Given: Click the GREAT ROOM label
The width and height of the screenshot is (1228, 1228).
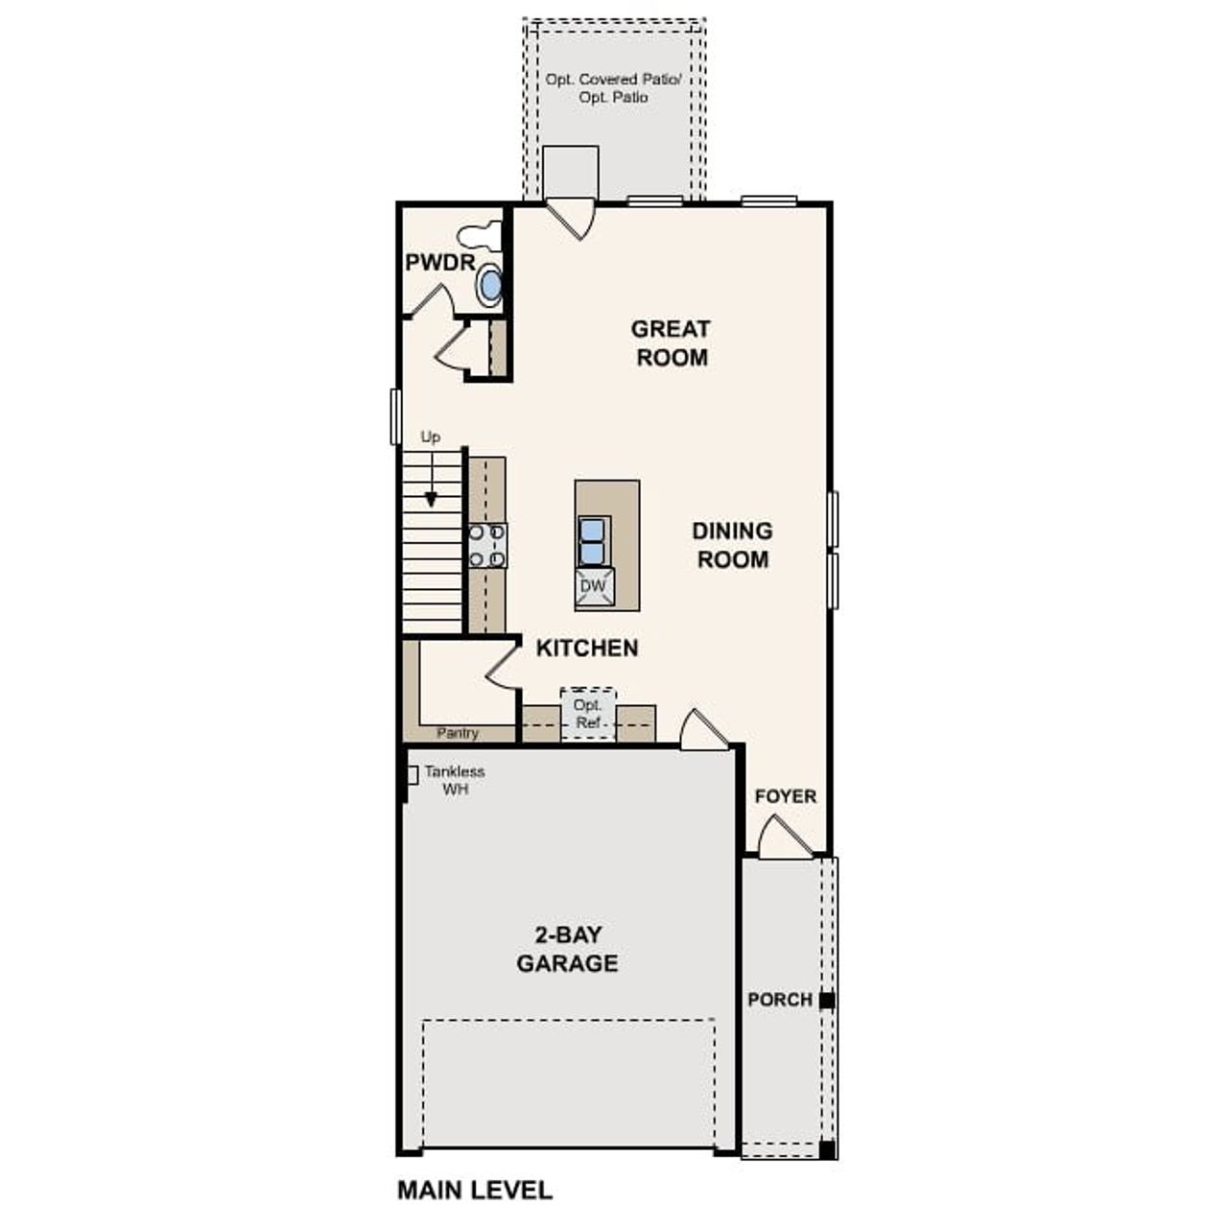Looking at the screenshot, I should click(x=671, y=343).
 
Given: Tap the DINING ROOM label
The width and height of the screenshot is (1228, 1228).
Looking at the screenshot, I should click(x=732, y=545).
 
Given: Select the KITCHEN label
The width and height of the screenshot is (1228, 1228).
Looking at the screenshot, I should click(x=586, y=649).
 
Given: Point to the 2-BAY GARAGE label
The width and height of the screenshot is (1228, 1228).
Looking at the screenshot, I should click(x=567, y=950).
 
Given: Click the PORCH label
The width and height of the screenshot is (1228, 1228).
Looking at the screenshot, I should click(x=779, y=1000).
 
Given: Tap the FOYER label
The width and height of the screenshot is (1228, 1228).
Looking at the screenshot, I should click(x=785, y=796).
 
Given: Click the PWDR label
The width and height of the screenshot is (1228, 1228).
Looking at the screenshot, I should click(x=439, y=263).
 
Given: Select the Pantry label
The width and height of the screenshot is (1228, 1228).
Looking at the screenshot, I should click(x=458, y=733).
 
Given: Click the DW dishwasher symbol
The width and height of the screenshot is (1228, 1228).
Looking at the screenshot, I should click(x=593, y=586).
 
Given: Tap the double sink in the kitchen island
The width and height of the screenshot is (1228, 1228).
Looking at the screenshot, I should click(x=593, y=541).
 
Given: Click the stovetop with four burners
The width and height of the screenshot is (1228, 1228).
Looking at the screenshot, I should click(x=486, y=545).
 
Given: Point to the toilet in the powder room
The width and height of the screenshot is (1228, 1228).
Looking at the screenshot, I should click(x=479, y=234).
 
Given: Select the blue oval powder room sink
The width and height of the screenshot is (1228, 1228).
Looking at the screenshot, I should click(x=489, y=284).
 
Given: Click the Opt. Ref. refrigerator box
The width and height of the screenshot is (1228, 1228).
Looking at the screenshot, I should click(x=587, y=714).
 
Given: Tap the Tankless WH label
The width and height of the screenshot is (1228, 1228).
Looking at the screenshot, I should click(x=454, y=780).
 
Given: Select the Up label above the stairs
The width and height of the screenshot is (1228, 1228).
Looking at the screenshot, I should click(x=431, y=437).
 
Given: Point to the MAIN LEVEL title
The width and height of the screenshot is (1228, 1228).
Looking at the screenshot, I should click(x=475, y=1191).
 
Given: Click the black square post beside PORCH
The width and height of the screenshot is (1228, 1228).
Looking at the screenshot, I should click(x=827, y=1001).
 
